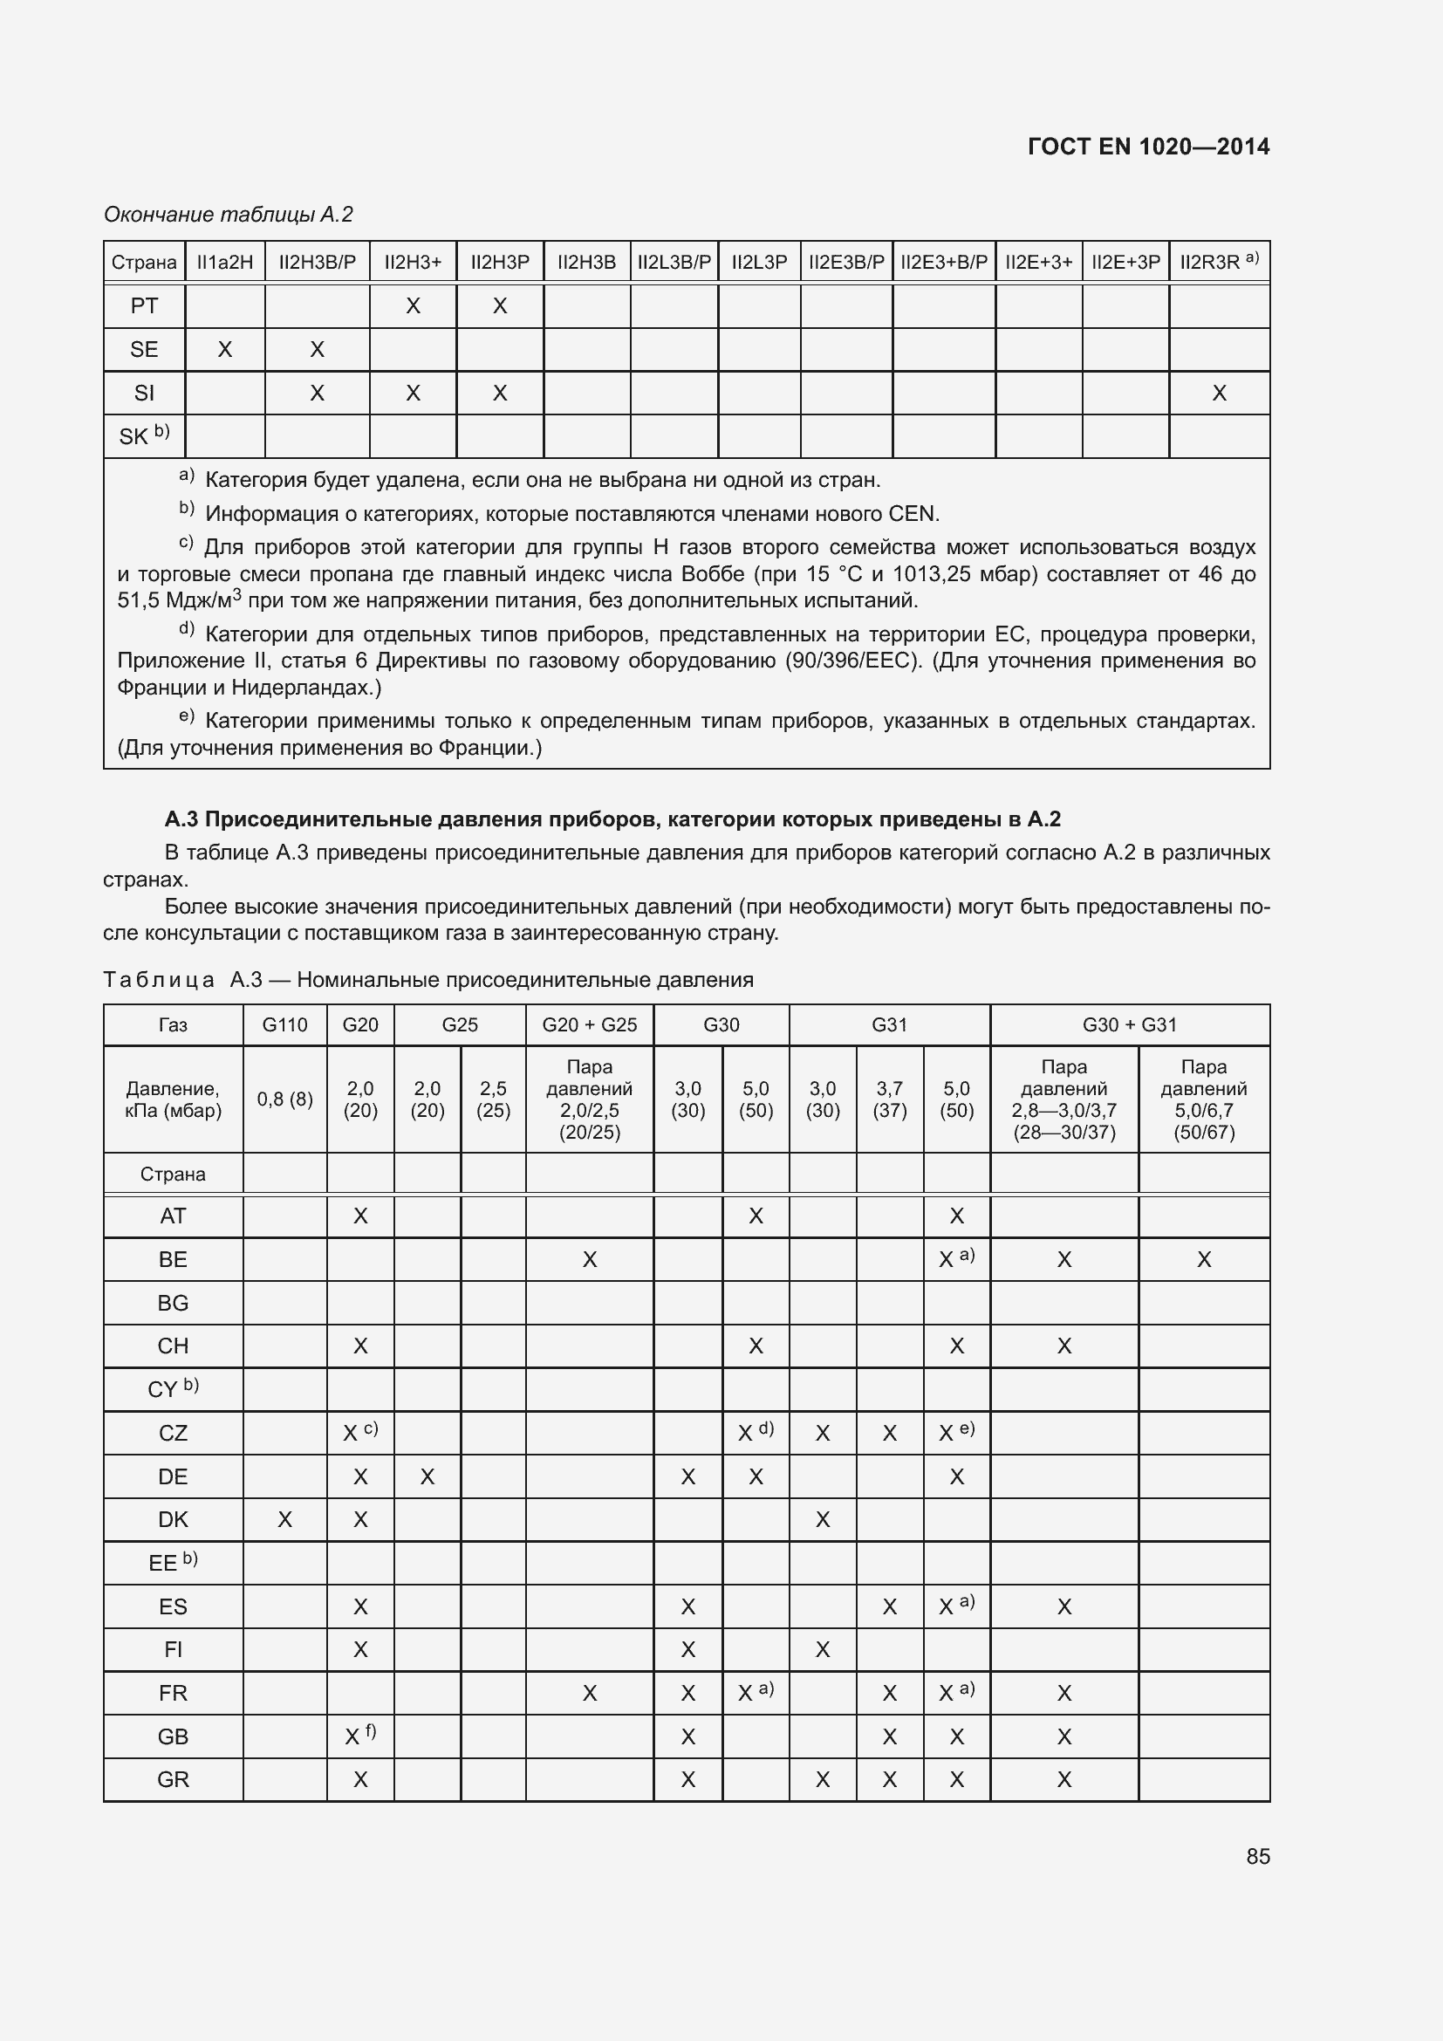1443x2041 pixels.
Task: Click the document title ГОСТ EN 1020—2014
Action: (x=1147, y=147)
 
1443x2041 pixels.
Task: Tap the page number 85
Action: (x=1257, y=1856)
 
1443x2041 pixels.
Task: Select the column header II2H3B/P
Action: (x=318, y=263)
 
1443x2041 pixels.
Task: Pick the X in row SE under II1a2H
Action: (x=225, y=349)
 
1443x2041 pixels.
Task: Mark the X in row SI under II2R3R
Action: (x=1218, y=393)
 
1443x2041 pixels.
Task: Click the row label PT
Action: (x=144, y=305)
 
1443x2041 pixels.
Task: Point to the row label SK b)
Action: (x=144, y=435)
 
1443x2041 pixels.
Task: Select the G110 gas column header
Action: (x=284, y=1025)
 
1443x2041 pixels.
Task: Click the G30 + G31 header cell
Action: (x=1128, y=1025)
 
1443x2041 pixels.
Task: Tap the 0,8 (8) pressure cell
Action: (x=284, y=1099)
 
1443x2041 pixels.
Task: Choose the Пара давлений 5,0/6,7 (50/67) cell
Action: (x=1203, y=1099)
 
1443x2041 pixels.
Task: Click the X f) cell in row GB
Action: (x=359, y=1736)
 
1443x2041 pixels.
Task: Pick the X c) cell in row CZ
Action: (x=359, y=1433)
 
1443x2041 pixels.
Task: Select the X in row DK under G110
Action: (x=284, y=1519)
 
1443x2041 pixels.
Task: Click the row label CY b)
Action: (x=173, y=1388)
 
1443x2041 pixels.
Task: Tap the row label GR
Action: (x=173, y=1779)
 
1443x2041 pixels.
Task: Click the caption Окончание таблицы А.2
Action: (x=229, y=215)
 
